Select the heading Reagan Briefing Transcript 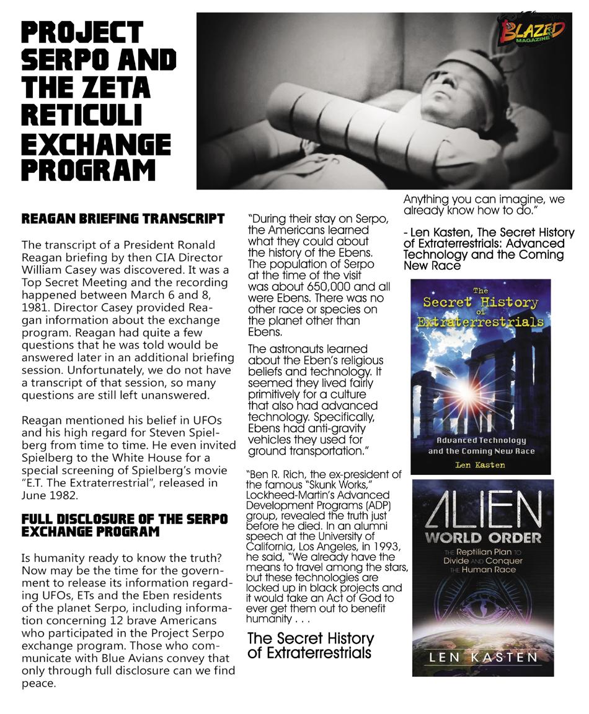tap(123, 219)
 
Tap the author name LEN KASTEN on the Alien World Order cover tap(482, 656)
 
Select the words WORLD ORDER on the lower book tap(482, 536)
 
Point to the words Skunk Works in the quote tap(325, 485)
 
